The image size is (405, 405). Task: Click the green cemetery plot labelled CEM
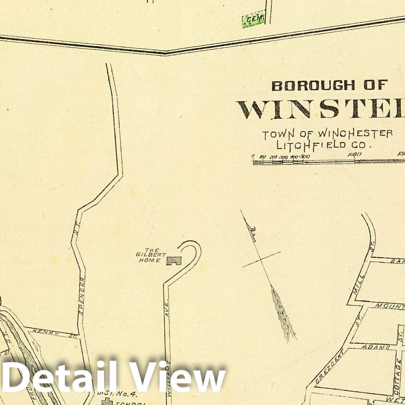click(x=253, y=20)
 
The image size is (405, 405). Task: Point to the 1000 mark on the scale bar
click(x=354, y=154)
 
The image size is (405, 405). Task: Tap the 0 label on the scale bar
click(x=253, y=156)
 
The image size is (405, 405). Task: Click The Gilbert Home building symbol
click(x=174, y=261)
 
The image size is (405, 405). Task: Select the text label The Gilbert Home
click(x=148, y=255)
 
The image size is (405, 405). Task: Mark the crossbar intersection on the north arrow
click(x=261, y=259)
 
